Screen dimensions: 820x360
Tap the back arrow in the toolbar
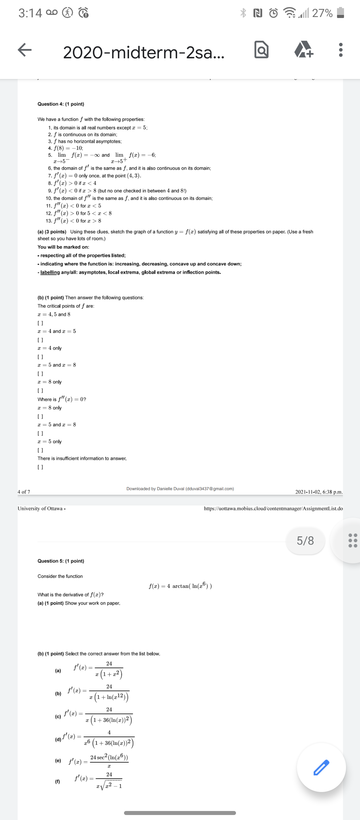(25, 50)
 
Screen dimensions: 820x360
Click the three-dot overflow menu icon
(340, 50)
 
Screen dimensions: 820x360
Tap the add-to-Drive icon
(304, 50)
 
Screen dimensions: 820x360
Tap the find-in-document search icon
(261, 50)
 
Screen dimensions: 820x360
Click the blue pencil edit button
(321, 767)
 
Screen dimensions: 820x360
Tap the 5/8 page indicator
(305, 540)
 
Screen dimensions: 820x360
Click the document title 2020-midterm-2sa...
(144, 52)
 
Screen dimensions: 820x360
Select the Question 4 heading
(61, 104)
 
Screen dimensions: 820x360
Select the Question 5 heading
(61, 561)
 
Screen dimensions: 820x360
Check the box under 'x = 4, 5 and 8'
(40, 323)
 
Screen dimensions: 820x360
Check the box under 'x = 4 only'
(40, 357)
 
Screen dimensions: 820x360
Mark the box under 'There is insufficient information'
(40, 467)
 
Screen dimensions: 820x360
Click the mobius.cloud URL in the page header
(273, 508)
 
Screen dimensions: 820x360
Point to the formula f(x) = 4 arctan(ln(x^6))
(180, 586)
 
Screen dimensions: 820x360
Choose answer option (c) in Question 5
(58, 716)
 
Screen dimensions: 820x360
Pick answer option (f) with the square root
(58, 781)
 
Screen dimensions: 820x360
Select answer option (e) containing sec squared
(58, 761)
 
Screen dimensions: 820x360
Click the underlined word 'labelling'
(50, 272)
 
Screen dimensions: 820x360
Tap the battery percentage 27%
(322, 13)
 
